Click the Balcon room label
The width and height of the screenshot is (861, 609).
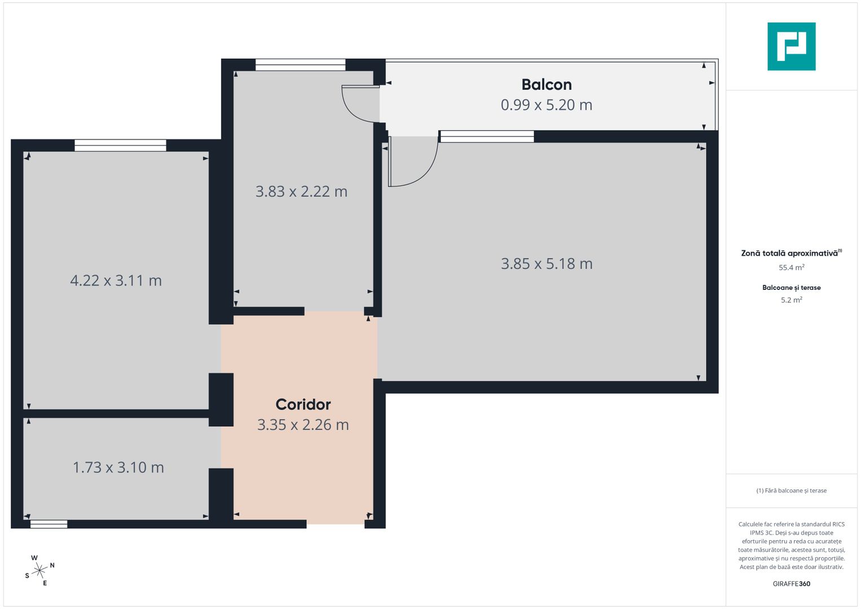pos(546,85)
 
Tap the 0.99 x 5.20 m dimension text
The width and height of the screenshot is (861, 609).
pos(546,105)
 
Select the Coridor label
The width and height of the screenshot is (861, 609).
pos(303,404)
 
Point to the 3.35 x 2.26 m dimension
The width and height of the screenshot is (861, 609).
pos(303,425)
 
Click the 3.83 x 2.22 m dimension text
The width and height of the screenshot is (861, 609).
pos(301,192)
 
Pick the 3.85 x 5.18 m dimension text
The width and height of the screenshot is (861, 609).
pos(546,264)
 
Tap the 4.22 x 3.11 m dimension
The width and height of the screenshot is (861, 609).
pos(116,281)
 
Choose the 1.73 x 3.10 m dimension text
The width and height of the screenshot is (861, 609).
pos(118,467)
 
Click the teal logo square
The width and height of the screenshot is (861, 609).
pos(791,46)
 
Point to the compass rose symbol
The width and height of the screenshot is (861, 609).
pos(39,571)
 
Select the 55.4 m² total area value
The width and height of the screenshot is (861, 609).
pos(791,268)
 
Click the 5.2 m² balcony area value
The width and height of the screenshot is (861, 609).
pos(791,300)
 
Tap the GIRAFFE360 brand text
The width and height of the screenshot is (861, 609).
pos(791,584)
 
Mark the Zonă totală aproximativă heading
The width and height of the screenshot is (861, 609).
pos(789,253)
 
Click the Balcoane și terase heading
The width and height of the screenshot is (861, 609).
pos(791,288)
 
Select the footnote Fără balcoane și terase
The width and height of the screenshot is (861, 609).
pos(791,491)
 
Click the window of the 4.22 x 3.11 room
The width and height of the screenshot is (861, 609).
pos(120,145)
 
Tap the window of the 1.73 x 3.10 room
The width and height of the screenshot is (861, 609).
pos(48,524)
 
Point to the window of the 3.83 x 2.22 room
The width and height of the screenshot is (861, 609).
pos(300,65)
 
